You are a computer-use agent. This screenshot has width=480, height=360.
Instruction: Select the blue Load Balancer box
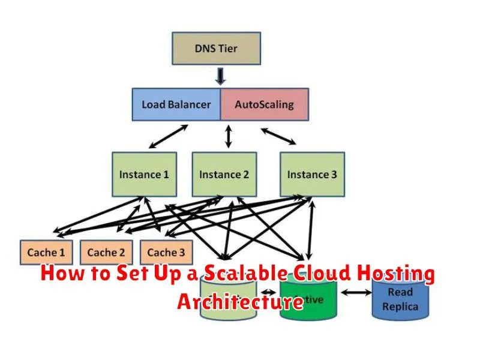pyautogui.click(x=176, y=104)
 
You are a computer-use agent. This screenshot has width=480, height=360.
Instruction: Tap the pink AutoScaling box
pyautogui.click(x=264, y=104)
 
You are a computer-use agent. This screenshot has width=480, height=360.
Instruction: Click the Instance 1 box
pyautogui.click(x=143, y=175)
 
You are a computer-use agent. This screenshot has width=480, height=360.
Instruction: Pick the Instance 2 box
pyautogui.click(x=224, y=175)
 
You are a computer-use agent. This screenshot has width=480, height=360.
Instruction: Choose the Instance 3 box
pyautogui.click(x=312, y=175)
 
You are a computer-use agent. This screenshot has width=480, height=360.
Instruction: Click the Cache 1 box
pyautogui.click(x=46, y=253)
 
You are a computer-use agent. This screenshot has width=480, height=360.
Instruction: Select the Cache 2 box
pyautogui.click(x=106, y=253)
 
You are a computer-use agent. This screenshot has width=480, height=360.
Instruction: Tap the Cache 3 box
pyautogui.click(x=166, y=253)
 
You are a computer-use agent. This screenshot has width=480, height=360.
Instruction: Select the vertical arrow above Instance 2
pyautogui.click(x=227, y=136)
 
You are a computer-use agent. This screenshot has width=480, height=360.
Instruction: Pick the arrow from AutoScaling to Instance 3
pyautogui.click(x=278, y=136)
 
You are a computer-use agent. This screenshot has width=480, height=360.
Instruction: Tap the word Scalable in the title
pyautogui.click(x=245, y=275)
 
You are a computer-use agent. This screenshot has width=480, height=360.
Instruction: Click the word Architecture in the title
pyautogui.click(x=240, y=302)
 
